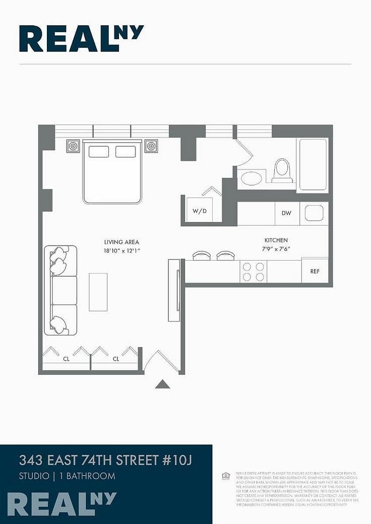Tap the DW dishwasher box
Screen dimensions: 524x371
286,213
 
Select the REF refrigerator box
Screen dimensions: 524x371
315,271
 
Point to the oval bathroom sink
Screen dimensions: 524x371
251,178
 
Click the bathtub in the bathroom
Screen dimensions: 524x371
313,165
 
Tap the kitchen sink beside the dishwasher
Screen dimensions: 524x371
314,213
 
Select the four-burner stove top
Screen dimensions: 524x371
253,272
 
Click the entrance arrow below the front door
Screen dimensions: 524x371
162,384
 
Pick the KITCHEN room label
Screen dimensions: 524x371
276,241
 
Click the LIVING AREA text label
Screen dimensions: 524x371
121,242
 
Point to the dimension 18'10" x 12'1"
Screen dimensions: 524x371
121,250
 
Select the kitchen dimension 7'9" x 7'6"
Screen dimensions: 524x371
276,249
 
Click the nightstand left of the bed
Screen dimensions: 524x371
73,146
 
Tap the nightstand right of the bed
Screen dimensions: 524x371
151,146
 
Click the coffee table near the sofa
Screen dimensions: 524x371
98,292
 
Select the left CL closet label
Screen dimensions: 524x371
66,359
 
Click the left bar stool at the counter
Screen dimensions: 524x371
202,256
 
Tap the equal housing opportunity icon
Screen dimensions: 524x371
226,476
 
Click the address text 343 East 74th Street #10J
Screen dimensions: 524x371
106,460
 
